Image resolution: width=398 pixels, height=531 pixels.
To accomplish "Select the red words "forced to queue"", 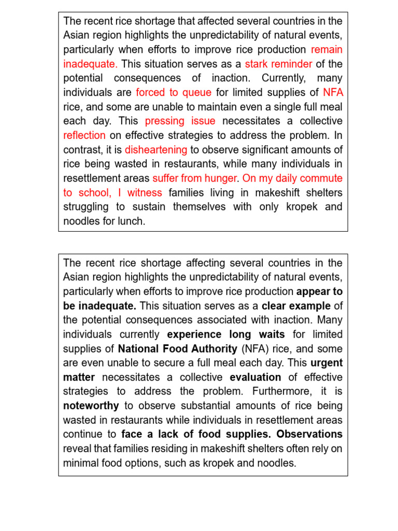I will point(174,93).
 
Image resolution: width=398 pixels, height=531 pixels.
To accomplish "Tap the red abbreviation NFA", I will point(333,93).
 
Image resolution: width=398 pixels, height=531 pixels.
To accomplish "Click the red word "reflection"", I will point(84,135).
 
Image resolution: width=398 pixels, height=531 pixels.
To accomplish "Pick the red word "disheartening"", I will point(156,150).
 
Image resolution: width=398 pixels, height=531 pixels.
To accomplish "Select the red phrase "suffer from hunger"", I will point(195,178).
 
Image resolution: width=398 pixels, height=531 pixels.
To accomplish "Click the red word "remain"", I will point(326,50).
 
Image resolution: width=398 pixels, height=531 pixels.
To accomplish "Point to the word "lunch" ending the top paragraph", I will point(132,221).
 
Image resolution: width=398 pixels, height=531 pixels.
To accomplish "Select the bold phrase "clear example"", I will point(295,306).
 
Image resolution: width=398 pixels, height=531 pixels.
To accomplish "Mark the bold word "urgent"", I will point(326,363).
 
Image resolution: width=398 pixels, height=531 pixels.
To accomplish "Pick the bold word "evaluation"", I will point(255,377).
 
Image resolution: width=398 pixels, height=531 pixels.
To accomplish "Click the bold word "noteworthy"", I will point(91,406).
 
